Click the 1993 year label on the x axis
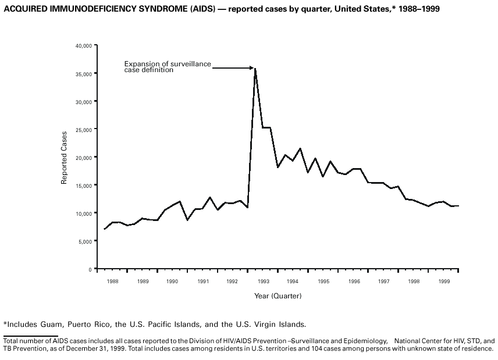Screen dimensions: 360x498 [x=263, y=281]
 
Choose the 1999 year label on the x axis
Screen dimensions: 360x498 [x=443, y=281]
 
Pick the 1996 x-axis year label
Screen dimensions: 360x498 [x=353, y=281]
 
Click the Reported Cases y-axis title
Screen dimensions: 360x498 [x=65, y=158]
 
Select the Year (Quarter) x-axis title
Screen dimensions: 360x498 [x=278, y=296]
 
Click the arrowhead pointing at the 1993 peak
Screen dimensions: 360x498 [x=252, y=69]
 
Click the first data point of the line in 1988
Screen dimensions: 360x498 [x=104, y=229]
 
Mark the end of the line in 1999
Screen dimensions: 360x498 [x=458, y=206]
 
